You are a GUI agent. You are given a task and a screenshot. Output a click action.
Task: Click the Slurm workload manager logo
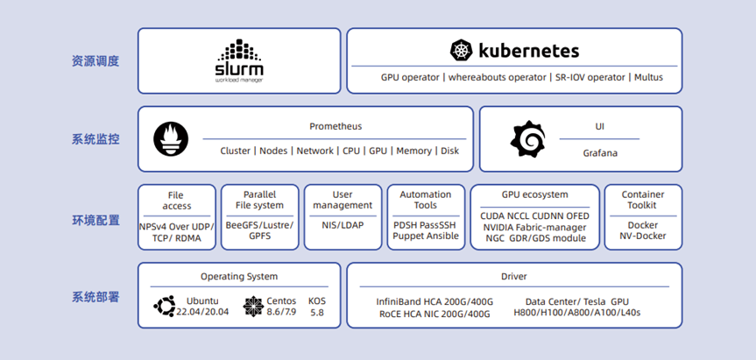point(239,60)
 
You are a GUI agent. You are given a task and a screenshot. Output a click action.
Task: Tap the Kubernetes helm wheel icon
point(462,51)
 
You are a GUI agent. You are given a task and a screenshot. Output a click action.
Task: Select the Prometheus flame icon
point(171,139)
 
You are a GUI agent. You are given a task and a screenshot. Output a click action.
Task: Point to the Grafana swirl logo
point(528,139)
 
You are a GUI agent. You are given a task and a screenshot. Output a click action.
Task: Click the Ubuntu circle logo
point(164,306)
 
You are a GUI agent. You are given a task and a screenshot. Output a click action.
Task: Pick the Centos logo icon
point(253,306)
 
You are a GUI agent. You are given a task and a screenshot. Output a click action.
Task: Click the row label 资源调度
point(95,61)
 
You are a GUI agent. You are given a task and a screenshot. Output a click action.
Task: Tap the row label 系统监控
point(95,140)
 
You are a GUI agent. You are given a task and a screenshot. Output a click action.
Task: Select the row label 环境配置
point(95,220)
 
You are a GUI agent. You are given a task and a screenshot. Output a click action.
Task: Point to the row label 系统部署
point(95,297)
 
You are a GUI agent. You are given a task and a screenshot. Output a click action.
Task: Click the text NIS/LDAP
point(343,225)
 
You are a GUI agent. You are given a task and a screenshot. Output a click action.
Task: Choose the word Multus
point(648,77)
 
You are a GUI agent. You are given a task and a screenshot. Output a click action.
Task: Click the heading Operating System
point(239,277)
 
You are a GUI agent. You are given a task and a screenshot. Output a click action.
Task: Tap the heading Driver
point(514,277)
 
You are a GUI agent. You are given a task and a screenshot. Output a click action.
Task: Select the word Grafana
point(600,153)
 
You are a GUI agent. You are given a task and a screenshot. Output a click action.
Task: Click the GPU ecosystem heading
point(534,194)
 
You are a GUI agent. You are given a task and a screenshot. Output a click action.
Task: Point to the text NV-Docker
point(643,236)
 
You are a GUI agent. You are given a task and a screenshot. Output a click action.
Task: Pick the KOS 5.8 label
point(317,307)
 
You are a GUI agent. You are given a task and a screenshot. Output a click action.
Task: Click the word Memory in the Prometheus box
point(413,151)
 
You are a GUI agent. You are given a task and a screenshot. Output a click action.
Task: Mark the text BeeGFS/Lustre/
point(259,225)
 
